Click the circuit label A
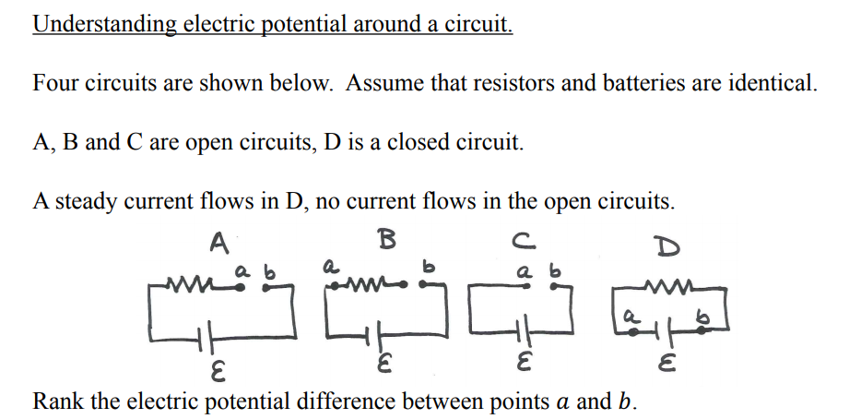coord(218,243)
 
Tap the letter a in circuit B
coord(327,264)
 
